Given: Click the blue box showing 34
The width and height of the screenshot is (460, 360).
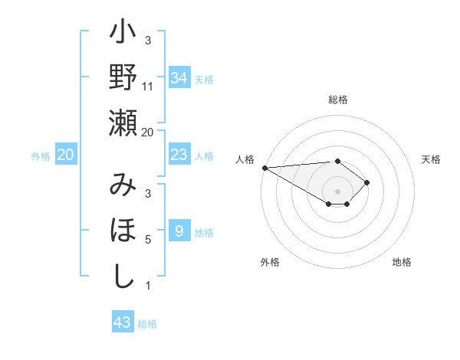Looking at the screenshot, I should [179, 78].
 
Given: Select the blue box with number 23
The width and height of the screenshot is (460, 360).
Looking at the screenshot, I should [179, 155].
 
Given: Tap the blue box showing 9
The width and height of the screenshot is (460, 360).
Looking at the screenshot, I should [179, 232].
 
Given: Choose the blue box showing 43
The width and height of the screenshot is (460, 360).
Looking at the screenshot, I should [123, 322].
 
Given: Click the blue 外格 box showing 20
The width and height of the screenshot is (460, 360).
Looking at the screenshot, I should [66, 155].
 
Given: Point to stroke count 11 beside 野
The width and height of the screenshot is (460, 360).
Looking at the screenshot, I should [148, 87].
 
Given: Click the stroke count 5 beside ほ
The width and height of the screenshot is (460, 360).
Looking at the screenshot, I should [148, 240].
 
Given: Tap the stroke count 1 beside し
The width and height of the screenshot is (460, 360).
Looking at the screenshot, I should [148, 286].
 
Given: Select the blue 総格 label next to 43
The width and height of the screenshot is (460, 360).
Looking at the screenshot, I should [147, 324].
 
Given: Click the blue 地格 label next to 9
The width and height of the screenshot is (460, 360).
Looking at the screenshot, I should [204, 233].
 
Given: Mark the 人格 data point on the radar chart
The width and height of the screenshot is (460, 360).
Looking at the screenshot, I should [264, 168].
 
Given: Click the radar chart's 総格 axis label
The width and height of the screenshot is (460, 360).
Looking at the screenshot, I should [338, 100].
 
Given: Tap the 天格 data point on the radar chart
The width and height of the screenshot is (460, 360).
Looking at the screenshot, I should [367, 182].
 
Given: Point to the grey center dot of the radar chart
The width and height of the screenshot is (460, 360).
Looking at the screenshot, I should [338, 191].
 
